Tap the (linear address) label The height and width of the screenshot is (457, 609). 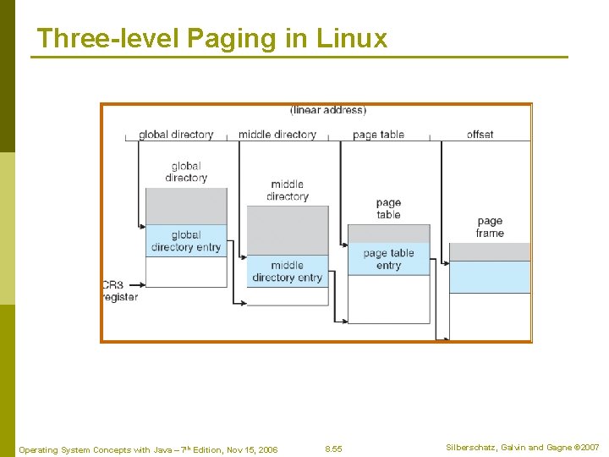click(x=328, y=110)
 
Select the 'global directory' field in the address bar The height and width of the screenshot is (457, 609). click(x=176, y=135)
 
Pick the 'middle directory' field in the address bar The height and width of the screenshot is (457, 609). click(x=277, y=135)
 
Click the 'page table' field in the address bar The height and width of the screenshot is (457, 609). click(x=379, y=135)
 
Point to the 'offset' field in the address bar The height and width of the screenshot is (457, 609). click(x=480, y=135)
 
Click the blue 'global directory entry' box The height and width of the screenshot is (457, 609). click(x=186, y=241)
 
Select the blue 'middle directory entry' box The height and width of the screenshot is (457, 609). click(x=288, y=272)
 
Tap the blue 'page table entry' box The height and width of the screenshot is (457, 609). click(x=389, y=259)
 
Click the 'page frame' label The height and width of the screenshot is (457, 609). click(x=490, y=228)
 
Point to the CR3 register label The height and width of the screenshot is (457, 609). click(x=119, y=291)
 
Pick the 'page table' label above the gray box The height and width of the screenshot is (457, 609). click(x=389, y=208)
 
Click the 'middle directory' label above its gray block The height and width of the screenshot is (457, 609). click(x=288, y=190)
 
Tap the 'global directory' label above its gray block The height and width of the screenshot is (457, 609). click(x=186, y=172)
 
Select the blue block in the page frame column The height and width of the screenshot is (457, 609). click(x=490, y=277)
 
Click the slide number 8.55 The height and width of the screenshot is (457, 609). click(x=334, y=449)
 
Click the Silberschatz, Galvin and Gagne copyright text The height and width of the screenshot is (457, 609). click(x=523, y=447)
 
